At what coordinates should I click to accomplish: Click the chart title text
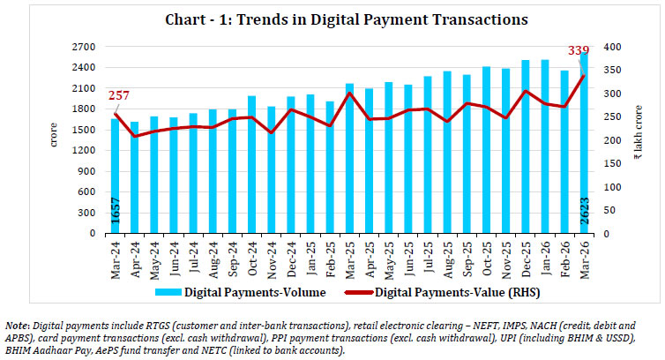pyautogui.click(x=332, y=18)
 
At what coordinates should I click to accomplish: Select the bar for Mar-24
pyautogui.click(x=115, y=176)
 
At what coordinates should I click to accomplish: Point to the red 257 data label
pyautogui.click(x=116, y=95)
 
